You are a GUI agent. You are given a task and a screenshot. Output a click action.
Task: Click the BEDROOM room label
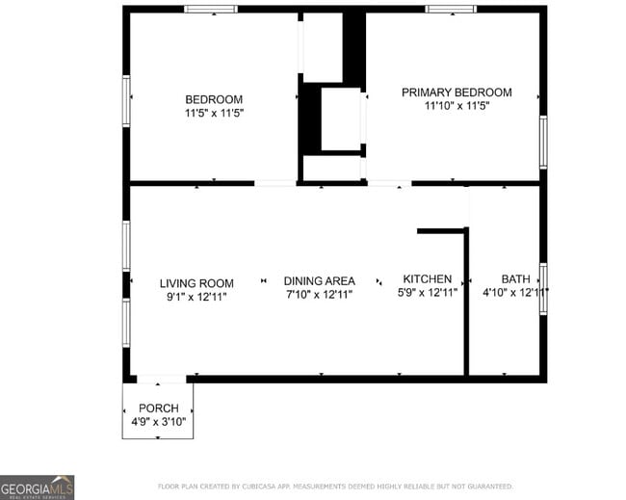tap(214, 99)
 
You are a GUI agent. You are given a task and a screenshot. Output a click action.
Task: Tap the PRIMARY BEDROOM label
tap(456, 92)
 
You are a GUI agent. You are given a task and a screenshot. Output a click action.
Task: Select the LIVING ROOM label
tap(196, 283)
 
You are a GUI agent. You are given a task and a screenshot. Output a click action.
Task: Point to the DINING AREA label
tap(319, 280)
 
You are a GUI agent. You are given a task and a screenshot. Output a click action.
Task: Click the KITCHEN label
tap(427, 279)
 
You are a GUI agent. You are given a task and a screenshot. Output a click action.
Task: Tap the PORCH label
tap(158, 408)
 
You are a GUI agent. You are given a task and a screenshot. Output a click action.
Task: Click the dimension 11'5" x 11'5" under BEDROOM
tap(214, 113)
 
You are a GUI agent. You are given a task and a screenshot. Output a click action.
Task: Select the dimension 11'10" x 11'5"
tap(456, 106)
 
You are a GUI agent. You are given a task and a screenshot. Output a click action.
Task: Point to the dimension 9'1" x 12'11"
tap(196, 297)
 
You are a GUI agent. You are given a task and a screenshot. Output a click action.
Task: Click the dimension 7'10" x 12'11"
tap(319, 294)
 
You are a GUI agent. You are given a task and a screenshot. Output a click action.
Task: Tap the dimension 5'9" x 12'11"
tap(428, 293)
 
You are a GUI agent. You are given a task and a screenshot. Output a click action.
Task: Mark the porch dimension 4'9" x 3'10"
tap(158, 422)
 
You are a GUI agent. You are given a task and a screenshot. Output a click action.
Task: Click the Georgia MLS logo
tap(37, 487)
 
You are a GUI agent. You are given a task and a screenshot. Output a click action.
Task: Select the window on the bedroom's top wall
tap(211, 10)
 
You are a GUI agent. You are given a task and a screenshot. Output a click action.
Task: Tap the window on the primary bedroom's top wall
tap(451, 10)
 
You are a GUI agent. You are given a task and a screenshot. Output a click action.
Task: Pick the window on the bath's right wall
tap(543, 288)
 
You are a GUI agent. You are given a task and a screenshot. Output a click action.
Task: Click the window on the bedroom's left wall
tap(126, 100)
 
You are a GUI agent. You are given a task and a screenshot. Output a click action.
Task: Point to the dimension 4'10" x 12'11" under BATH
tap(515, 293)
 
